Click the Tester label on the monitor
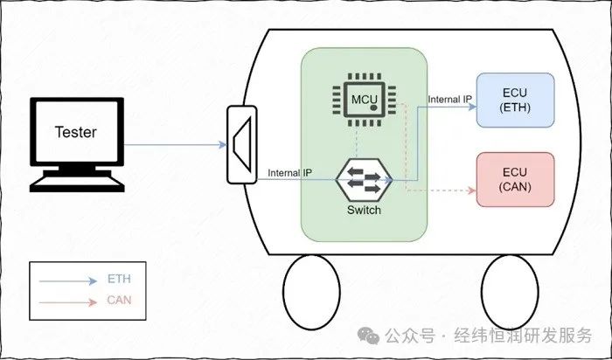(x=75, y=132)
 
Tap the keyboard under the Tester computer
(x=77, y=183)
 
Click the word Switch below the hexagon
(x=364, y=210)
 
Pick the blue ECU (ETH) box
(x=515, y=100)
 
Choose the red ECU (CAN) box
(x=515, y=179)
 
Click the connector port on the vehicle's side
(x=242, y=145)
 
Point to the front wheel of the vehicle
(x=311, y=292)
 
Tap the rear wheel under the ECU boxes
(x=510, y=292)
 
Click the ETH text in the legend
(x=119, y=280)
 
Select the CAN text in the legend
(x=119, y=300)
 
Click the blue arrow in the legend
(x=68, y=280)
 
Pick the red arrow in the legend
(x=68, y=302)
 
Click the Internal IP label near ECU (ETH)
(x=449, y=100)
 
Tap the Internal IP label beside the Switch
(x=289, y=172)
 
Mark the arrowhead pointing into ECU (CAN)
(x=472, y=190)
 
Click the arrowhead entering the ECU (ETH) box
(x=472, y=107)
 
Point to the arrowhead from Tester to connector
(x=223, y=145)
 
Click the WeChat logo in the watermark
(x=368, y=336)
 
